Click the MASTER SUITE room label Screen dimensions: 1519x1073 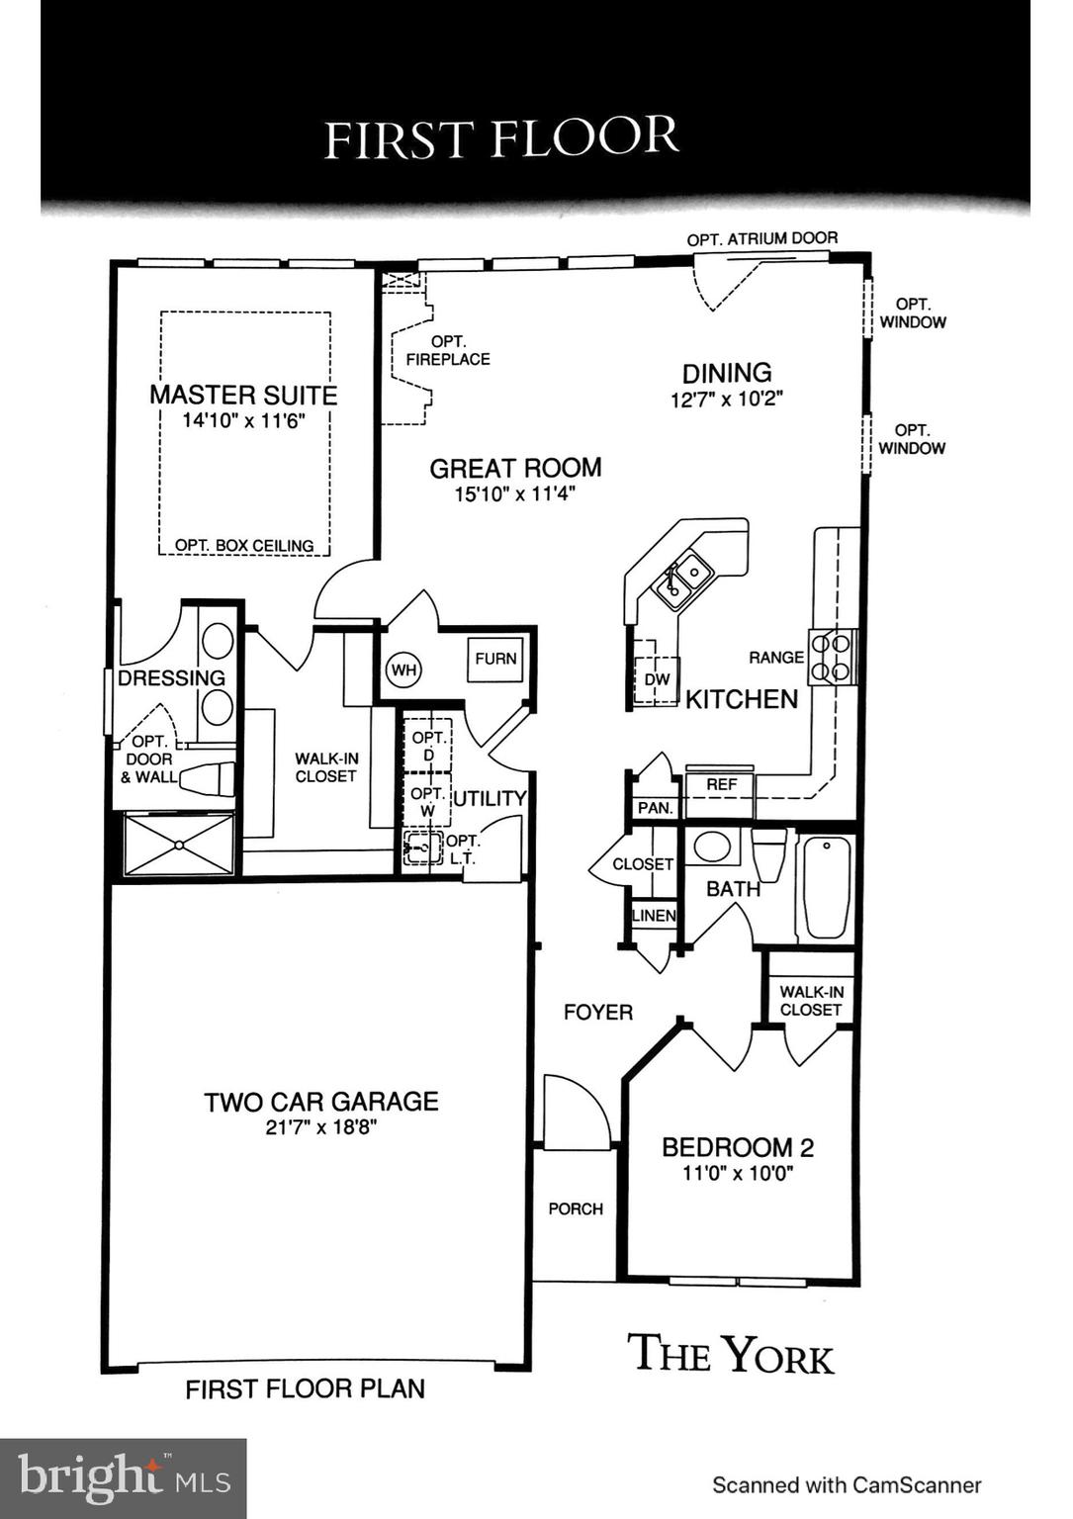tap(243, 395)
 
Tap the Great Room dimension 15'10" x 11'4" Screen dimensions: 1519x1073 tap(514, 493)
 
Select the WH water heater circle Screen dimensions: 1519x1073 tap(402, 670)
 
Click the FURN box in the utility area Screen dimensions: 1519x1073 tap(495, 659)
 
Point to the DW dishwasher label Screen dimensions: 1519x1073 tap(657, 679)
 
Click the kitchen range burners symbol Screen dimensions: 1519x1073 tap(831, 657)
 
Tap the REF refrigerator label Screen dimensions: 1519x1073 tap(721, 784)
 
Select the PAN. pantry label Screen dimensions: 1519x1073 tap(655, 808)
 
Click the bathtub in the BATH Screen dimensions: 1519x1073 tap(826, 887)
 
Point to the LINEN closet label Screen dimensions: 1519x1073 tap(654, 916)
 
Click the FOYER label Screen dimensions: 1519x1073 tap(597, 1012)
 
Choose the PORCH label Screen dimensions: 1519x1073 tap(576, 1208)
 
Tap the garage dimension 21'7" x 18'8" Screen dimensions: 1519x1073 tap(320, 1127)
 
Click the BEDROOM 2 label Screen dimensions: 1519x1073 tap(738, 1147)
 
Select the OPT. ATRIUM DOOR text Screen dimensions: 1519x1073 tap(761, 238)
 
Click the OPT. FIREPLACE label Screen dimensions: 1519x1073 tap(448, 351)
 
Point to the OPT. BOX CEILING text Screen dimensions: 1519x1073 tap(244, 545)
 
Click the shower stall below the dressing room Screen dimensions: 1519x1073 tap(179, 845)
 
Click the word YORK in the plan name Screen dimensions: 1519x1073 tap(776, 1355)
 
